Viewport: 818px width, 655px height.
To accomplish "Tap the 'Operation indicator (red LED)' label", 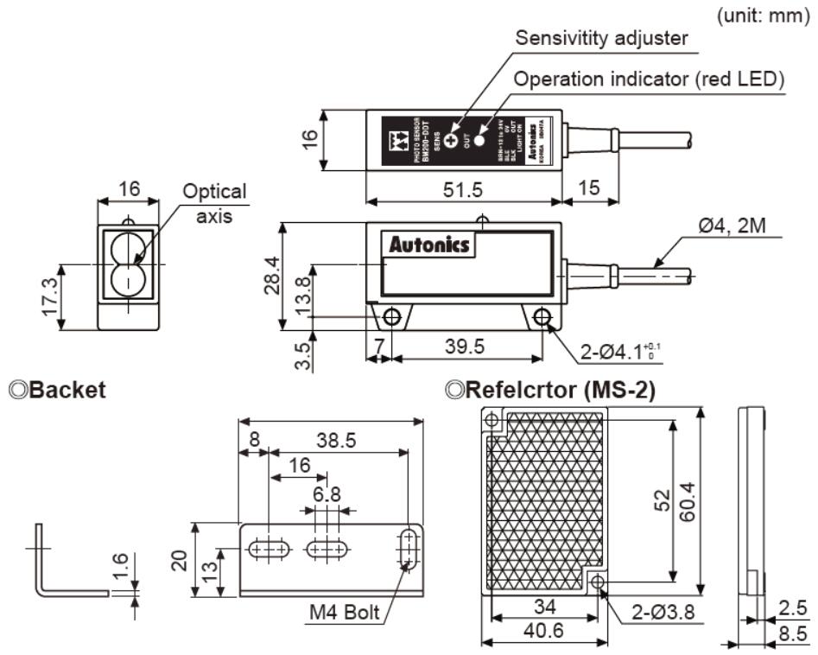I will point(649,79).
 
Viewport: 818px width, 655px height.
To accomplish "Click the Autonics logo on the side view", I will point(429,245).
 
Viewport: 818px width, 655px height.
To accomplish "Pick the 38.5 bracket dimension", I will point(336,440).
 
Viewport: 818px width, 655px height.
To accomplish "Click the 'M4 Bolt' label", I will point(346,614).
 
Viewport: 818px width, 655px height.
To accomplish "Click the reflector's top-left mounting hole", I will point(491,422).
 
